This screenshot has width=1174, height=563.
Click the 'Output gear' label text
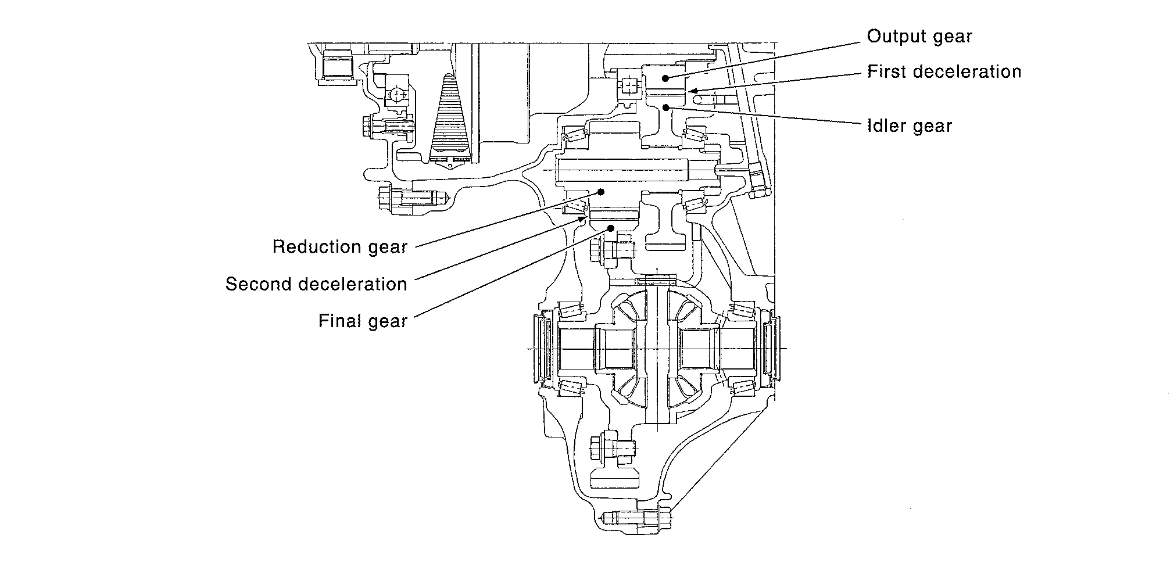(919, 37)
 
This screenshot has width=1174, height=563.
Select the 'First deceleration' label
(944, 72)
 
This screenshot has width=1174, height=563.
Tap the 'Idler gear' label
(909, 126)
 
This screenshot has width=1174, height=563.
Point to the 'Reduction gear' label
(340, 247)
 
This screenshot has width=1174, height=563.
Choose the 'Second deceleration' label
(316, 284)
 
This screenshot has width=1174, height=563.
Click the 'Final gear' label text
(363, 321)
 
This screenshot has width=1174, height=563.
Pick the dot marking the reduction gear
(602, 191)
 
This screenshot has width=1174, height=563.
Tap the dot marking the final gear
(610, 228)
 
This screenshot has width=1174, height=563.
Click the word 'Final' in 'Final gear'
(337, 321)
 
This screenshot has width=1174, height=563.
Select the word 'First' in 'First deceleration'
(886, 72)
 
